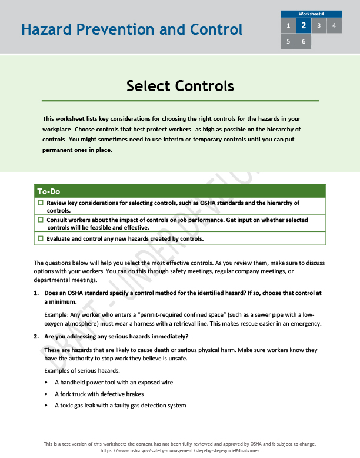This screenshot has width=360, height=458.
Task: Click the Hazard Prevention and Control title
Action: click(131, 29)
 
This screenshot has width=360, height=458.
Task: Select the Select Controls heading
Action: click(180, 86)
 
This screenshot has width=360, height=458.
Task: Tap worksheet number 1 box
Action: click(288, 25)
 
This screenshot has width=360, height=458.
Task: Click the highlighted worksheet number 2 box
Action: click(303, 25)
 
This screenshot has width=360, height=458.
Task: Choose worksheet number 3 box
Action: click(318, 25)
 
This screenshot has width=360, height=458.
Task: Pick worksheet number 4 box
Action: click(334, 25)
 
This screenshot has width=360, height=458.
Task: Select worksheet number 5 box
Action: click(288, 41)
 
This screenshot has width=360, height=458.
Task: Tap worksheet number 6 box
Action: click(303, 41)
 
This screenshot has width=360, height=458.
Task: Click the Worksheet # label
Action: click(311, 14)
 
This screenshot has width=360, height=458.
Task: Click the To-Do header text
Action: click(49, 191)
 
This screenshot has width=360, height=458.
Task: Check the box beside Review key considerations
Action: click(41, 203)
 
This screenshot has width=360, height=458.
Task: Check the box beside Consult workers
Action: click(41, 220)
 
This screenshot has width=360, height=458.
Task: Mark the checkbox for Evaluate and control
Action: click(41, 238)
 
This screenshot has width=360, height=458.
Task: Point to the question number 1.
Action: click(36, 293)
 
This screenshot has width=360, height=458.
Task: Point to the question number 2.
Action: click(36, 336)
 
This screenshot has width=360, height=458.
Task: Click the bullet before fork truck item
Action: click(46, 394)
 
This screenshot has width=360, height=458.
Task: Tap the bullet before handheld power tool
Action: click(46, 382)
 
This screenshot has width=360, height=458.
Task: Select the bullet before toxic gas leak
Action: click(46, 405)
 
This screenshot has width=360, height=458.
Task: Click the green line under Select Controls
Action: click(180, 101)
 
